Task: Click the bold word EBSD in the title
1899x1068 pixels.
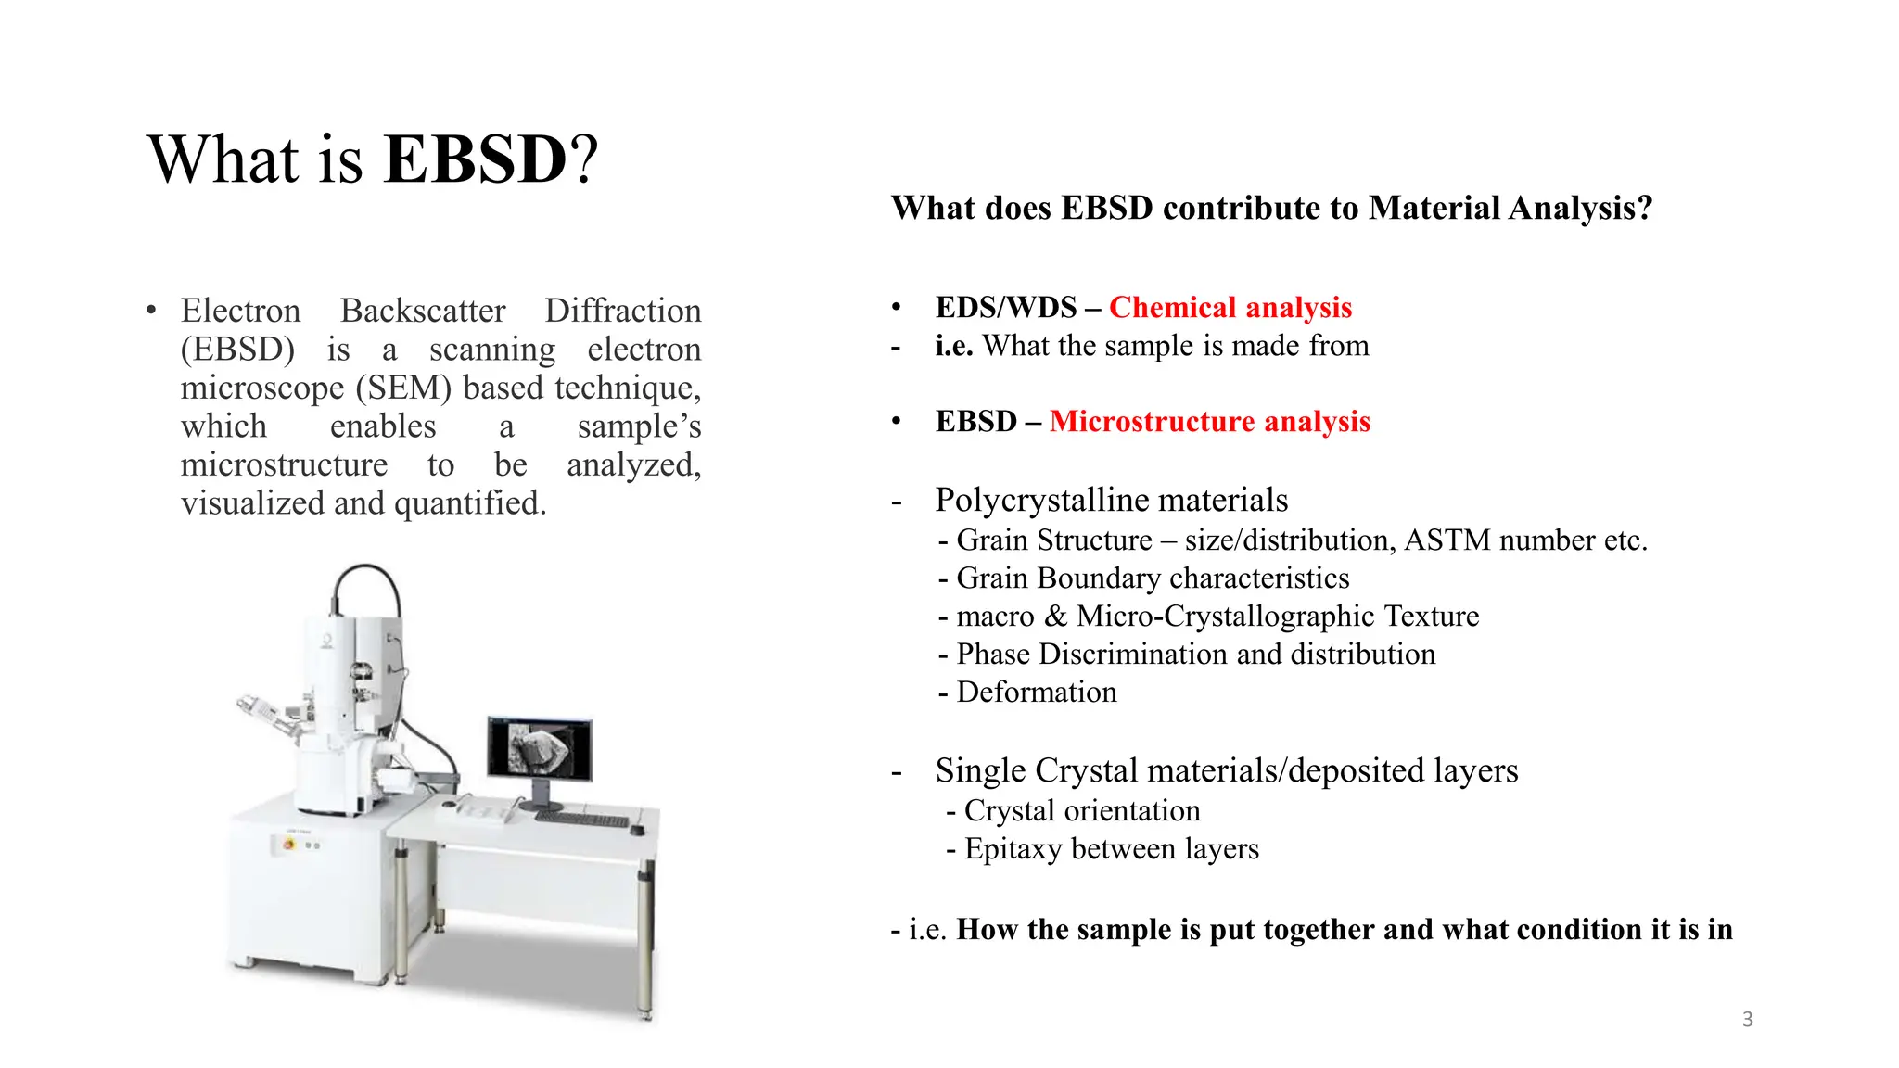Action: [x=475, y=159]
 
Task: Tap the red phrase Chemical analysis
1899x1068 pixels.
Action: [x=1230, y=307]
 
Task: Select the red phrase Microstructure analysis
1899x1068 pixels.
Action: [x=1209, y=421]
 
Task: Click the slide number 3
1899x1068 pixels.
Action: [x=1747, y=1020]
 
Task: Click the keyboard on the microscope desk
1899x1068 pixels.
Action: [x=582, y=820]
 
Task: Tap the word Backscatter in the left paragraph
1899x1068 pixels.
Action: [x=423, y=311]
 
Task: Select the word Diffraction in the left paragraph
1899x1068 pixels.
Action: [x=622, y=311]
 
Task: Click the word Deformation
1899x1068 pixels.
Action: [x=1036, y=693]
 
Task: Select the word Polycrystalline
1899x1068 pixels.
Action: [x=1042, y=501]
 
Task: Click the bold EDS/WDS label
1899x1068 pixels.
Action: [x=1006, y=307]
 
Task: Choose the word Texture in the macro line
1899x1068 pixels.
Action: [x=1431, y=617]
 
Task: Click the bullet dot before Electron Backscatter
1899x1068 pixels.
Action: [x=151, y=311]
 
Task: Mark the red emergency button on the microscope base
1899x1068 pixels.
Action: [x=288, y=845]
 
